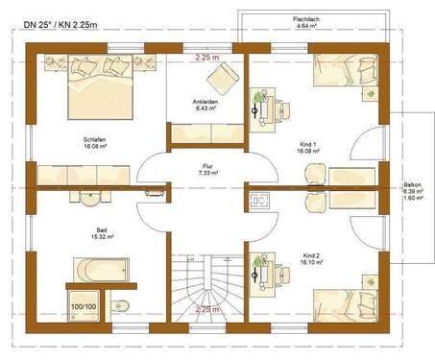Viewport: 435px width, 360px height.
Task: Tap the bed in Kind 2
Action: click(x=350, y=301)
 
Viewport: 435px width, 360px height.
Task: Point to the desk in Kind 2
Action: click(x=265, y=273)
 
